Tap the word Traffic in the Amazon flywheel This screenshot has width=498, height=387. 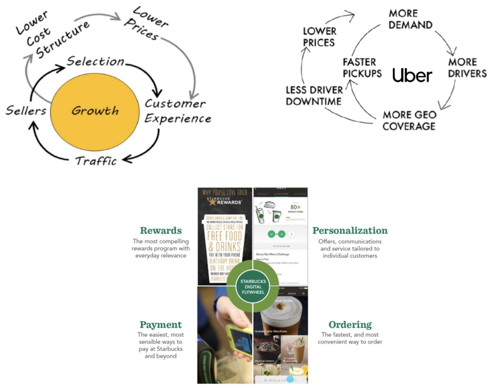click(96, 161)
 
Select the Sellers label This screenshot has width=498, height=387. click(26, 111)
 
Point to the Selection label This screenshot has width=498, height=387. click(95, 61)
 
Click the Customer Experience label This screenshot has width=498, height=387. click(177, 111)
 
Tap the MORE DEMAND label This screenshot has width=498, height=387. click(410, 19)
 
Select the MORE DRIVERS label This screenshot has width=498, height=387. click(467, 68)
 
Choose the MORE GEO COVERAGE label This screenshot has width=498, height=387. click(409, 120)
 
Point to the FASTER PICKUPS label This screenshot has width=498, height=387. click(362, 68)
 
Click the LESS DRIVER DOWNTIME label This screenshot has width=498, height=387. click(314, 96)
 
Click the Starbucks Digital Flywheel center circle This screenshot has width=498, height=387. click(253, 287)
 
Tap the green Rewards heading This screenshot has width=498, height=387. click(161, 231)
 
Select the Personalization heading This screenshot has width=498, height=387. click(350, 231)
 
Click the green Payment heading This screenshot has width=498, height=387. click(160, 324)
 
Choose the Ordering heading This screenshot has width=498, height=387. click(350, 324)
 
